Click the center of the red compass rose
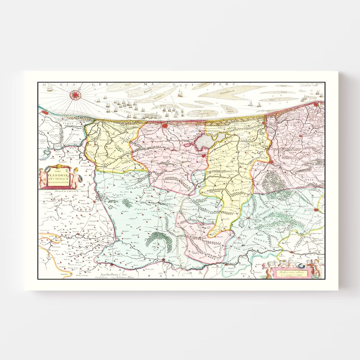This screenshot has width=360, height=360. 75,95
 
